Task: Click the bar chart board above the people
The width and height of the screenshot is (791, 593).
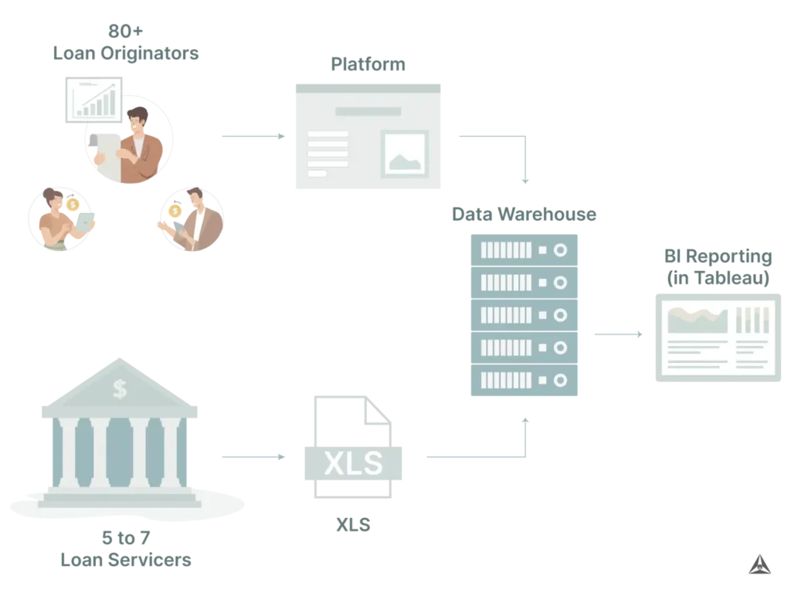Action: point(93,98)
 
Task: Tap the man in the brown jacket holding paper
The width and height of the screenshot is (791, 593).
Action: point(139,147)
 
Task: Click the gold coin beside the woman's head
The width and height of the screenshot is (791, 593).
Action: point(73,205)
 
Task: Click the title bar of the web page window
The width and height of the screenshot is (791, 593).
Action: point(368,87)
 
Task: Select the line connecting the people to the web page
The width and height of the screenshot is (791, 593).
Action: point(252,136)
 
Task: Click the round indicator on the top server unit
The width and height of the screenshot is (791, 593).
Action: point(561,250)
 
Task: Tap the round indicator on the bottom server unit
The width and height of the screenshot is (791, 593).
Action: point(561,380)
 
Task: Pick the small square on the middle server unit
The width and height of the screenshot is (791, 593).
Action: point(542,315)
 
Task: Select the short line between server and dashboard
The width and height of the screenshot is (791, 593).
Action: point(620,334)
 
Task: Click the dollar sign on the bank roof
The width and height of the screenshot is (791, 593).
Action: point(120,388)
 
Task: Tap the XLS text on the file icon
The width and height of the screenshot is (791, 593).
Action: point(353,463)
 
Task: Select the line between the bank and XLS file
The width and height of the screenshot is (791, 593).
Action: point(252,457)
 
